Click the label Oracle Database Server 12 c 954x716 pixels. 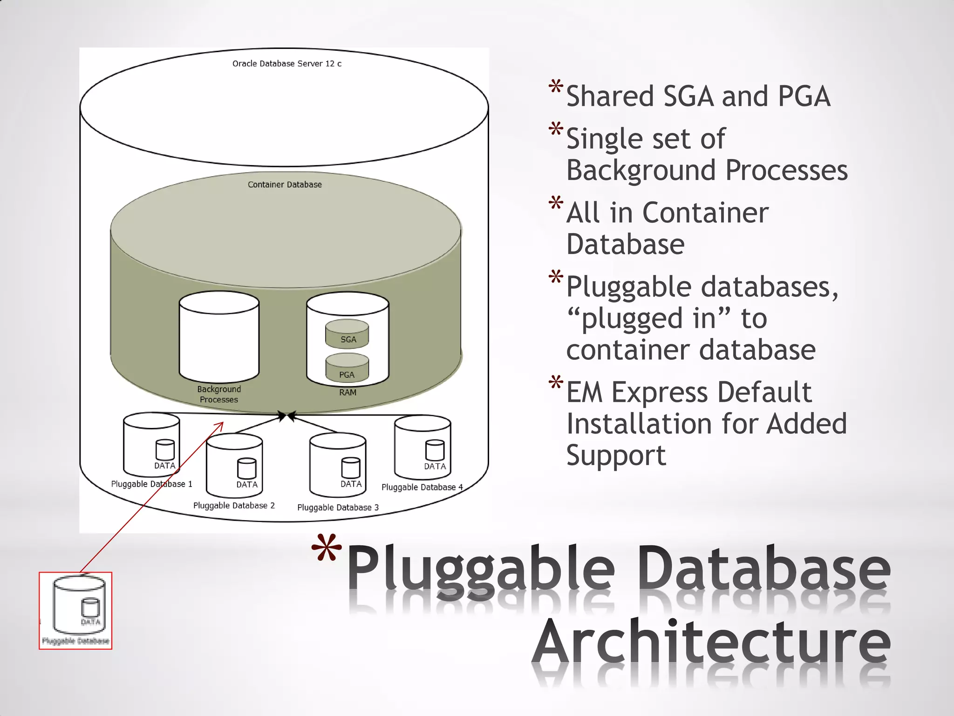click(x=286, y=63)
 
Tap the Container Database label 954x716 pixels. click(x=285, y=185)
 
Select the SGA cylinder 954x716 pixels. click(x=347, y=334)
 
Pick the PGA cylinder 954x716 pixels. click(x=347, y=368)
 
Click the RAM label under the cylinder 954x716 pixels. click(x=348, y=392)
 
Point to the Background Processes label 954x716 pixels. click(x=219, y=394)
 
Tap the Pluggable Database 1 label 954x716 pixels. click(x=151, y=484)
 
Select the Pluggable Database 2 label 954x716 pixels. click(x=234, y=505)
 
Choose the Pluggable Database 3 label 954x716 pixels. click(x=338, y=507)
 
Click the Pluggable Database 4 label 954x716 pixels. click(x=422, y=487)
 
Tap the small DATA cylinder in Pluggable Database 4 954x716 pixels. click(x=435, y=450)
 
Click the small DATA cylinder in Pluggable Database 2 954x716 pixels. click(x=246, y=468)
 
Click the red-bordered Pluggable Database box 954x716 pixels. click(x=75, y=611)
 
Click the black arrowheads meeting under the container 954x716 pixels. click(x=286, y=416)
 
